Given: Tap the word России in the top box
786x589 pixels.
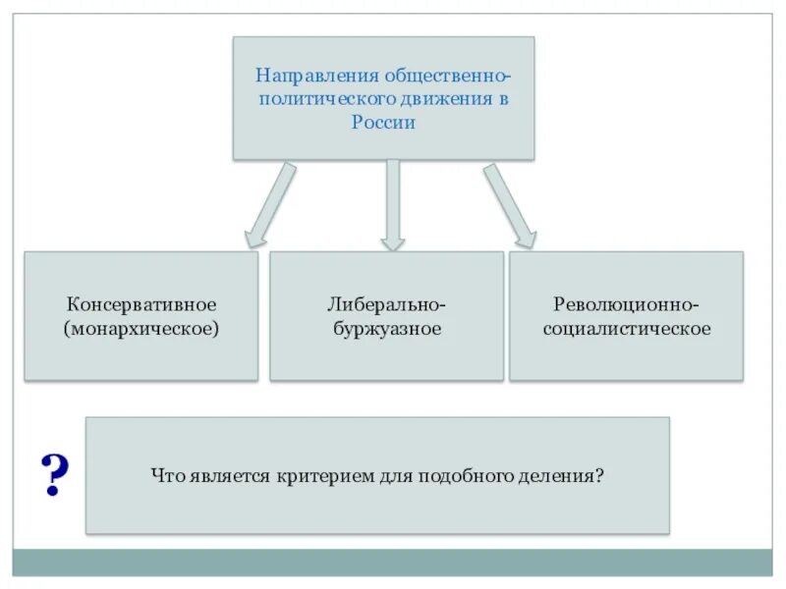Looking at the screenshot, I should pyautogui.click(x=383, y=123).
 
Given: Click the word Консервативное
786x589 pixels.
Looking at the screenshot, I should pyautogui.click(x=141, y=304).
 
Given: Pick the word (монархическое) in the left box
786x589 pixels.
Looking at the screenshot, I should pyautogui.click(x=141, y=328).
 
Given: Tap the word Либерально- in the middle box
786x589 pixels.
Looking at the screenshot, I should pyautogui.click(x=386, y=304).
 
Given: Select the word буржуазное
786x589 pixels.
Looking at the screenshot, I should pyautogui.click(x=386, y=328).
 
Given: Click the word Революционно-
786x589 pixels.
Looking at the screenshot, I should pyautogui.click(x=626, y=304).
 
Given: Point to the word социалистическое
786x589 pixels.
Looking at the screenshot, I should pyautogui.click(x=626, y=328).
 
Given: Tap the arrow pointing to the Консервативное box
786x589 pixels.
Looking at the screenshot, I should pyautogui.click(x=267, y=206).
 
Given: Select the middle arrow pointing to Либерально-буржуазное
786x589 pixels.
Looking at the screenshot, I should pyautogui.click(x=393, y=204).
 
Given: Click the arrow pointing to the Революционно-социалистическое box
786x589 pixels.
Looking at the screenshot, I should pyautogui.click(x=509, y=206).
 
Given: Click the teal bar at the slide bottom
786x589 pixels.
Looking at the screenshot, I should pyautogui.click(x=393, y=562).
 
